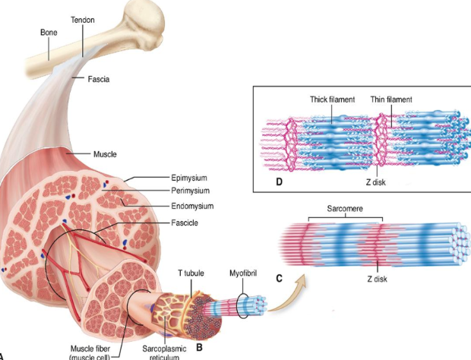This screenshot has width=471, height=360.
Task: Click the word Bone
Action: (49, 33)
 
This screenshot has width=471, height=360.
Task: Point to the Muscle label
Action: (104, 154)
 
